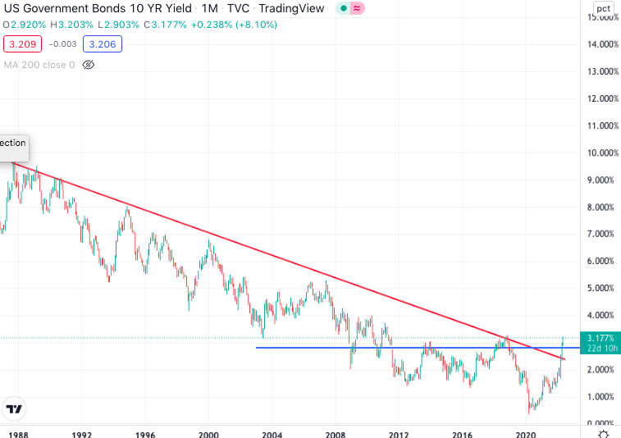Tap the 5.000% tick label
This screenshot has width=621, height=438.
coord(599,288)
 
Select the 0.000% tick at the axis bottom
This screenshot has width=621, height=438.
coord(599,423)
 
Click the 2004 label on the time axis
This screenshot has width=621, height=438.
coord(272,436)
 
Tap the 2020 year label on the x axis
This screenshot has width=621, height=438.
coord(526,436)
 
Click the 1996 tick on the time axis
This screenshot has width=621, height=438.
coord(145,436)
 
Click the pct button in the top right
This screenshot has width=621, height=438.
coord(603,9)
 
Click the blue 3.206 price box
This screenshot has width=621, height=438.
coord(106,43)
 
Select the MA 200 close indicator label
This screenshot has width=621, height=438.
coord(39,64)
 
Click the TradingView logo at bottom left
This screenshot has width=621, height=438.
coord(14,408)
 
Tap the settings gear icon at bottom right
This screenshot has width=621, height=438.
coord(603,434)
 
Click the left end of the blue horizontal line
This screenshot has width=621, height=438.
coord(258,348)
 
